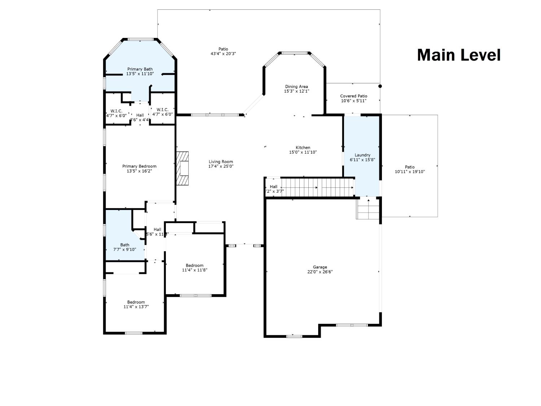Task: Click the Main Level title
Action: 458,55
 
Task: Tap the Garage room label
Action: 320,267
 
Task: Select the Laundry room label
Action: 362,155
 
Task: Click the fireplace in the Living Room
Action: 183,168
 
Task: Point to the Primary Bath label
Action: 140,69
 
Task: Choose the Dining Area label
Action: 296,87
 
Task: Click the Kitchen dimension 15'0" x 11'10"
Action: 303,152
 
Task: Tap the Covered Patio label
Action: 353,96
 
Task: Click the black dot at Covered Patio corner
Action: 380,86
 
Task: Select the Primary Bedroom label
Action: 139,166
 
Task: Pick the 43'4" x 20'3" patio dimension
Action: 223,54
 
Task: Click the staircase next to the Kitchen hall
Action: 317,187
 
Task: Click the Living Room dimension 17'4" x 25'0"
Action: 221,166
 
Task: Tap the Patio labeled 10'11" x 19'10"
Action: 410,169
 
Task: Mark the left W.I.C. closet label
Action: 116,111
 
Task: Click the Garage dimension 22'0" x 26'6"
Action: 320,272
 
